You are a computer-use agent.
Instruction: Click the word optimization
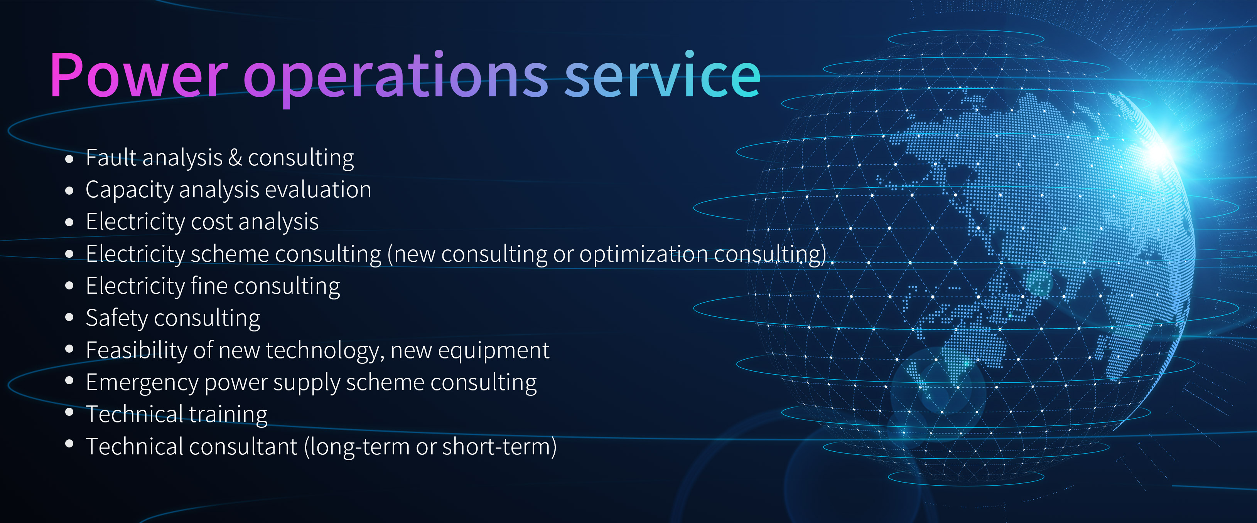(643, 254)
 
